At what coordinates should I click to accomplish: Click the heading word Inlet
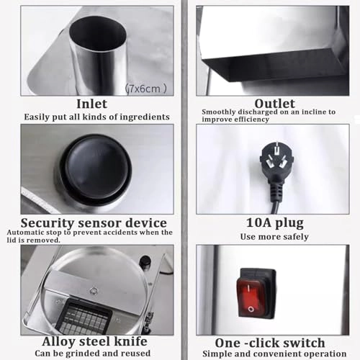[x=91, y=104]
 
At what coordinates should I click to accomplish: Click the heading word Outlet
[x=274, y=104]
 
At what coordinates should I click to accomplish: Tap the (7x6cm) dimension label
[x=146, y=89]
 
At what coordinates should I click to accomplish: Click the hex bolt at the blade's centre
[x=93, y=291]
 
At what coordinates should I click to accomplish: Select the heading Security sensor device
[x=94, y=223]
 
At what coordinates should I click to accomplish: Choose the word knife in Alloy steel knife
[x=130, y=341]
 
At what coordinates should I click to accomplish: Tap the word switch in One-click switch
[x=305, y=343]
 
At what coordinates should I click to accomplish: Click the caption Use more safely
[x=274, y=237]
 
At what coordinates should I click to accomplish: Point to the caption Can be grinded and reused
[x=93, y=354]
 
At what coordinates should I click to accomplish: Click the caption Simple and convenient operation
[x=274, y=354]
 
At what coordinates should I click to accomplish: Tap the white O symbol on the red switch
[x=251, y=309]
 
